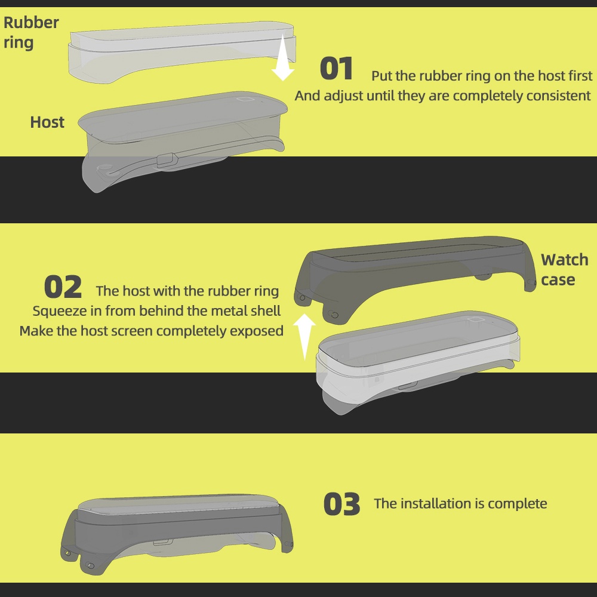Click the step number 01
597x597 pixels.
coord(336,69)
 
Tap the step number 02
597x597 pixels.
coord(63,287)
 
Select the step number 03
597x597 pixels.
coord(341,504)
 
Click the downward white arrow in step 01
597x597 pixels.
coord(283,57)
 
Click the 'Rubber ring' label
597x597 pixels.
coord(31,32)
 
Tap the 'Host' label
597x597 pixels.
coord(47,122)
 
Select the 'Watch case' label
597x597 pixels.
coord(565,270)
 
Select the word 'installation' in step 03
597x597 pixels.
coord(436,504)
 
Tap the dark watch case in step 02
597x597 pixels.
coord(415,274)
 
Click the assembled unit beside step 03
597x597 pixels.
coord(176,533)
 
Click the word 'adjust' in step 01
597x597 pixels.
coord(340,96)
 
